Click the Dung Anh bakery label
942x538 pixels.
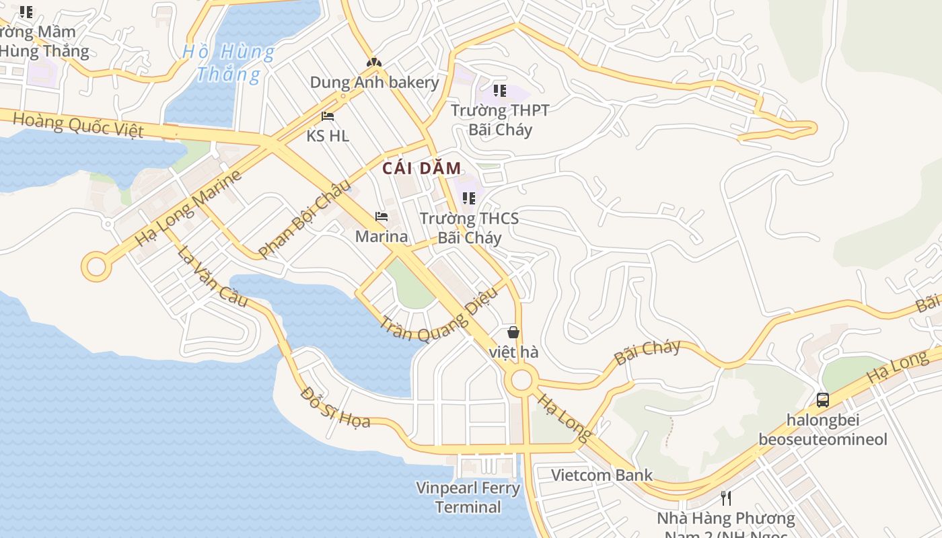[x=374, y=83]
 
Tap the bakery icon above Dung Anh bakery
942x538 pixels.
[x=374, y=63]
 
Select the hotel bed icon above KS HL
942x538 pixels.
[x=328, y=116]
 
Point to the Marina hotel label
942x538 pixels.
[x=382, y=237]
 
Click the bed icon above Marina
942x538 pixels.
[x=382, y=217]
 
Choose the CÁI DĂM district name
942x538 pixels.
[x=422, y=169]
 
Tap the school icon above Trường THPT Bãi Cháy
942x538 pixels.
[x=499, y=90]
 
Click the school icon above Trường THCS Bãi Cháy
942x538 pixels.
[x=469, y=198]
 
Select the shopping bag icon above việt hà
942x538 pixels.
[x=513, y=332]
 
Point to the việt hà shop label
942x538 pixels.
[x=513, y=352]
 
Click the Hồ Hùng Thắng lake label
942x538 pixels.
[x=229, y=63]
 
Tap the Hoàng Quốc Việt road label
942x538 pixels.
[x=78, y=124]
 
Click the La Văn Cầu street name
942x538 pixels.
[x=213, y=276]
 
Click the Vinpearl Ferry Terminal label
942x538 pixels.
[x=468, y=498]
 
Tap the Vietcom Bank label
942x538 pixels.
[x=602, y=475]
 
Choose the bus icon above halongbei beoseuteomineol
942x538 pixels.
[x=822, y=400]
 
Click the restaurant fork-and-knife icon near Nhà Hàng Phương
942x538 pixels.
[x=726, y=498]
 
